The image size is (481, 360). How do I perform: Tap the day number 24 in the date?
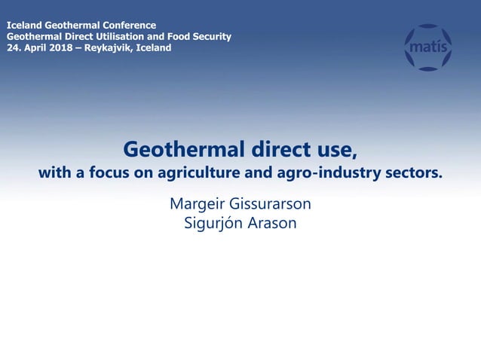(12, 47)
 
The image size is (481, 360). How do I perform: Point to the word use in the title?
(332, 149)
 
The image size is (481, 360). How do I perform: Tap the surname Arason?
(273, 224)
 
